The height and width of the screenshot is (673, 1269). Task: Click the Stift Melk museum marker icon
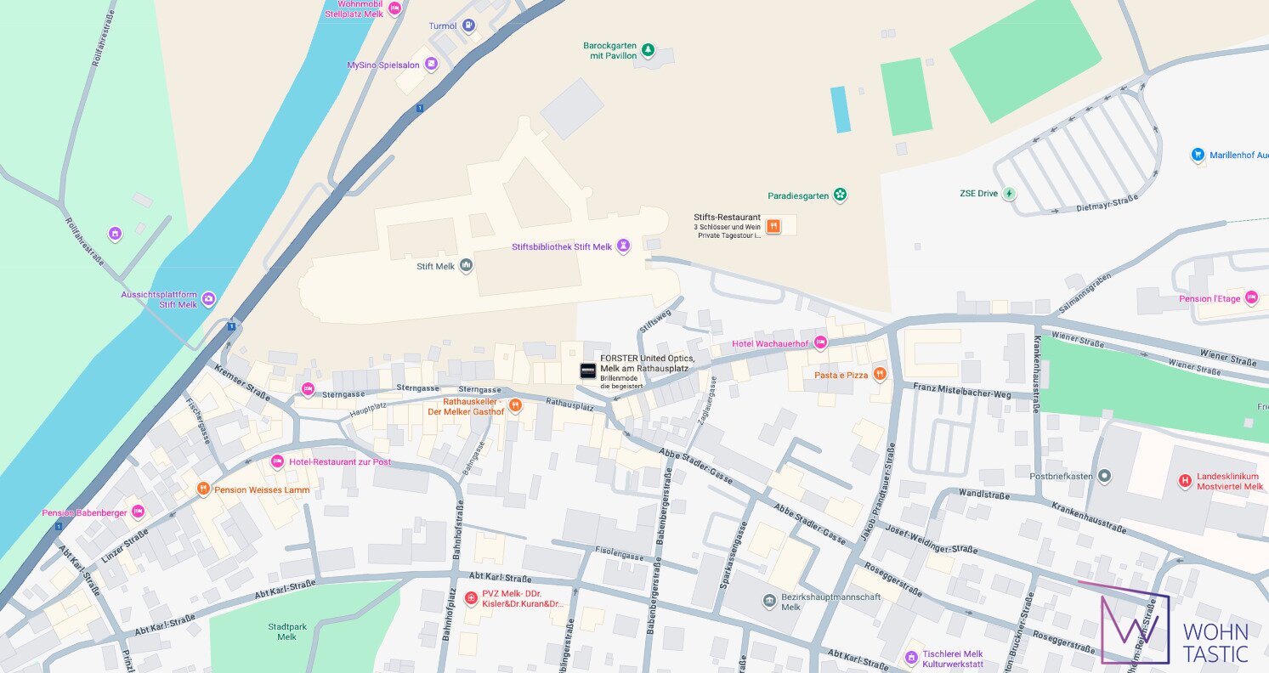[x=466, y=266]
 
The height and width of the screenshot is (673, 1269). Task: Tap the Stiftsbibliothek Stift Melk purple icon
[x=624, y=246]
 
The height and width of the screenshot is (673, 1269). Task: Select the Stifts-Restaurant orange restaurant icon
[x=773, y=226]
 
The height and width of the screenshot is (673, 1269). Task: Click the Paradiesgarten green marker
[x=840, y=195]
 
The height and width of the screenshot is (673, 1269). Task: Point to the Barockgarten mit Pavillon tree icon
[x=648, y=50]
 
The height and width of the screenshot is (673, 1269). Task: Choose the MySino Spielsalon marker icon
[x=432, y=65]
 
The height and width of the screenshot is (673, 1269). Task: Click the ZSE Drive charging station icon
[x=1009, y=193]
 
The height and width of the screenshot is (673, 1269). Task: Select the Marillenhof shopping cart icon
[x=1198, y=155]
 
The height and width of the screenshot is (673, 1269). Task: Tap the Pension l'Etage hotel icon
[x=1250, y=298]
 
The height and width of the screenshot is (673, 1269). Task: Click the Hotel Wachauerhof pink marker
[x=820, y=343]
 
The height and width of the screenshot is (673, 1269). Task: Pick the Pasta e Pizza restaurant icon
[x=880, y=374]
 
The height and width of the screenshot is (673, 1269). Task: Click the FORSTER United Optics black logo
[x=587, y=370]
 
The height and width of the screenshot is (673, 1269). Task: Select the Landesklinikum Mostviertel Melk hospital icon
[x=1184, y=481]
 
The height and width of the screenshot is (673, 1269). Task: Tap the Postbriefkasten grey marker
[x=1104, y=476]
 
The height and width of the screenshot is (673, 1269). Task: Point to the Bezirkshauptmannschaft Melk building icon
[x=769, y=602]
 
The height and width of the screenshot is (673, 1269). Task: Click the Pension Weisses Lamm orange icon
[x=203, y=489]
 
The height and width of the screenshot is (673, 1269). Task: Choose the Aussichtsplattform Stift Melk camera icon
[x=208, y=299]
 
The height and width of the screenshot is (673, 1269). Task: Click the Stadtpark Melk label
[x=282, y=631]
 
